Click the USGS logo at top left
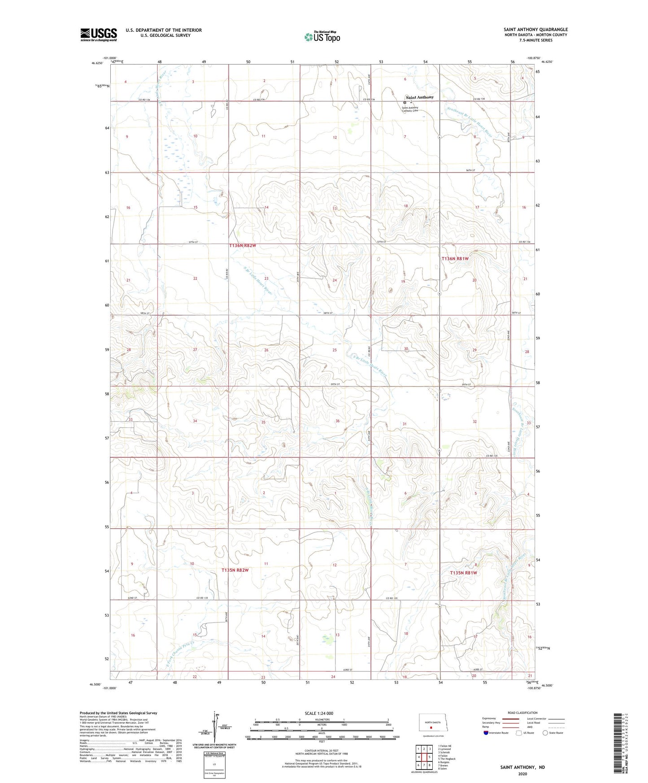click(98, 35)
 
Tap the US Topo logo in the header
click(322, 37)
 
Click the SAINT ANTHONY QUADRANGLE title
click(535, 30)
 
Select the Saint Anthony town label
click(419, 97)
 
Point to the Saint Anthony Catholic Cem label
click(410, 109)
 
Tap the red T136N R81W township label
click(455, 259)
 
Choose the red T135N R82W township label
click(235, 570)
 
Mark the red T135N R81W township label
click(463, 573)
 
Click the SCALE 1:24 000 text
click(319, 713)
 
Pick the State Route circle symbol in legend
click(545, 733)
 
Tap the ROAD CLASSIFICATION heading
click(522, 713)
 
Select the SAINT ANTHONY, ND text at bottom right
click(522, 767)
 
